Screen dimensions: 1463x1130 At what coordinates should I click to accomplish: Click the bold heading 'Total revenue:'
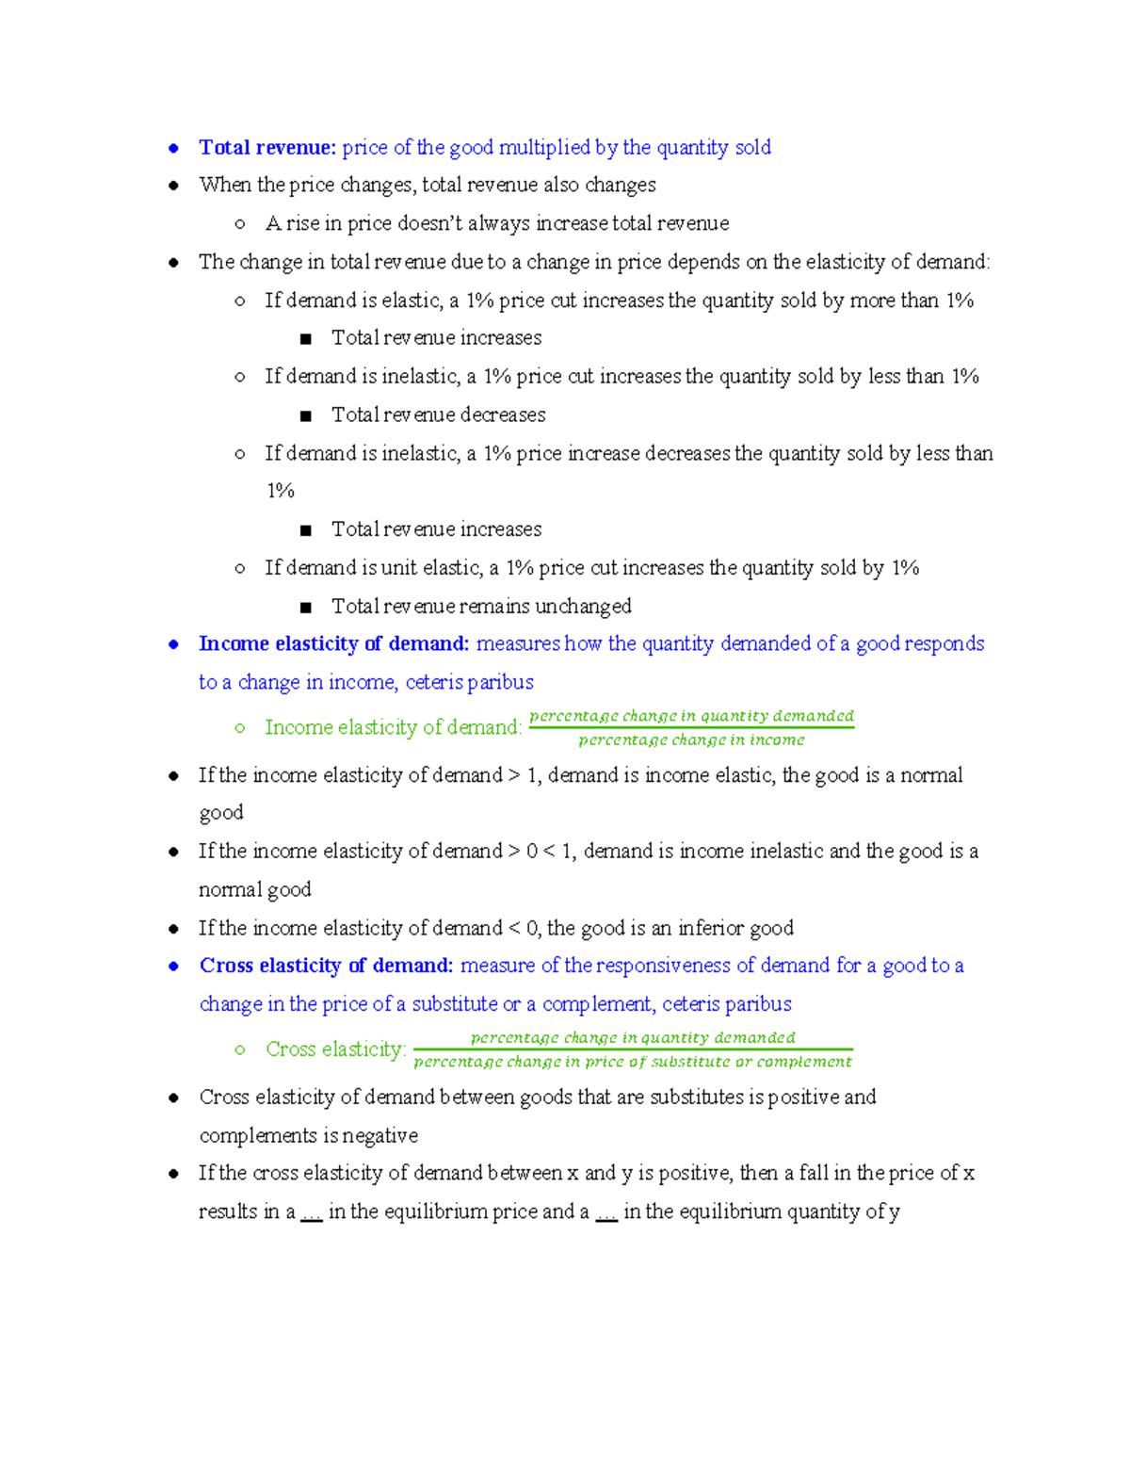266,147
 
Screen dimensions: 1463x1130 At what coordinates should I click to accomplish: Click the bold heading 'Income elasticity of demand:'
333,643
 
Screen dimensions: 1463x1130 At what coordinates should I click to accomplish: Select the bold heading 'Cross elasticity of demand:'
326,966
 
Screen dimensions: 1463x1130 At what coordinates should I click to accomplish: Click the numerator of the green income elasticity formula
691,716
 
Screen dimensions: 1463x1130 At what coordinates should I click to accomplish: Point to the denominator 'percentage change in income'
691,740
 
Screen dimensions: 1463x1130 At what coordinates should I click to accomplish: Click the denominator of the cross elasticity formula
633,1062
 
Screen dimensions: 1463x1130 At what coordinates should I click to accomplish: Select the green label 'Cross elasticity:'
335,1049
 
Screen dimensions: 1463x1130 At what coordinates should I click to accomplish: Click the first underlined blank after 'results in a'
312,1212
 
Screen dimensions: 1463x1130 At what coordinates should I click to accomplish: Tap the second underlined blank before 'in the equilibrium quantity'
606,1212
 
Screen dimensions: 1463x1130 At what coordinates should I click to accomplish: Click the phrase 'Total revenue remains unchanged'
481,606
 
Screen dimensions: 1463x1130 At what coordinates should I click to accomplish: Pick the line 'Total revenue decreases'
438,415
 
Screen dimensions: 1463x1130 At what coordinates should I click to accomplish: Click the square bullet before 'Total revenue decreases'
305,415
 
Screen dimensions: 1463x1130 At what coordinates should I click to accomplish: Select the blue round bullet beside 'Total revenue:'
173,148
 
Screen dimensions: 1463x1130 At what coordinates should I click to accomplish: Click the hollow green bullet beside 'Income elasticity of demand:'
240,728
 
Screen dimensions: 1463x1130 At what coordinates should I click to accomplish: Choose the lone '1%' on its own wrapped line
280,491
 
